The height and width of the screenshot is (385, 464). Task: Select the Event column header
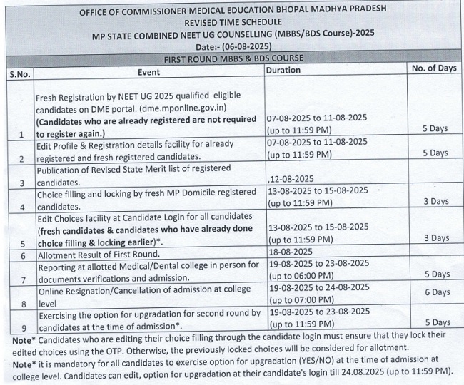(x=148, y=72)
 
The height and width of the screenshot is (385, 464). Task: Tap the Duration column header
(x=288, y=71)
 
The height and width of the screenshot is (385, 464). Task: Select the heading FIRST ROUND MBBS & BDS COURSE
(x=233, y=58)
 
